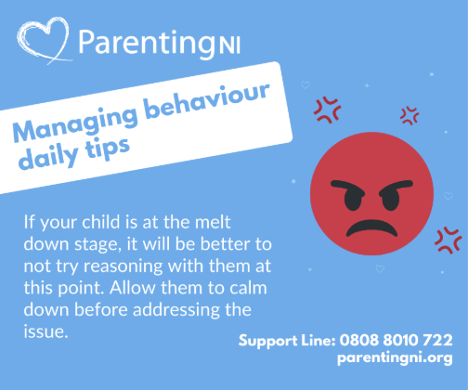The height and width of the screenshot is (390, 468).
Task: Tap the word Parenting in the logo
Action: [x=147, y=43]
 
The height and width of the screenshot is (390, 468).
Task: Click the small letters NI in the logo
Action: [x=229, y=45]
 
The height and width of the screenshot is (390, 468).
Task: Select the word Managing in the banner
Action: [x=75, y=123]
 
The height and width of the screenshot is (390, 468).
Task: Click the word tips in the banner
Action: [x=108, y=149]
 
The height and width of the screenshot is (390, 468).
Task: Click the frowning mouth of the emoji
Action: [x=371, y=228]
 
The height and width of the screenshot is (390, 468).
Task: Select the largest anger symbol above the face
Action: [x=328, y=110]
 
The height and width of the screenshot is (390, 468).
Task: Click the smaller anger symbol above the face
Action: [x=409, y=116]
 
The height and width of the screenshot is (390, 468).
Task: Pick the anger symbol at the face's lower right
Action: [x=448, y=240]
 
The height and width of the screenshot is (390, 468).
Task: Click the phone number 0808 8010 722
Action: [x=396, y=340]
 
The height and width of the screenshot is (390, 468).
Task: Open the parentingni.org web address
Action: [x=395, y=358]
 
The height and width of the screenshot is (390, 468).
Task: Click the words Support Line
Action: [x=287, y=341]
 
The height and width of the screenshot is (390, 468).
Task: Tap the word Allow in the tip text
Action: [x=132, y=288]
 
